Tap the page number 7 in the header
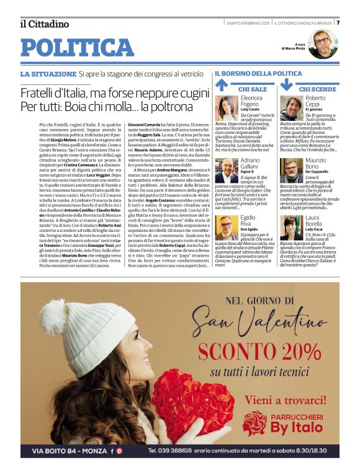(x=338, y=22)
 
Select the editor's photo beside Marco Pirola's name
(x=322, y=43)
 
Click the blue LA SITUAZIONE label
(x=48, y=74)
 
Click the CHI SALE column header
(x=253, y=89)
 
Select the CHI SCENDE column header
(x=317, y=89)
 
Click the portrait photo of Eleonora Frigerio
(x=227, y=107)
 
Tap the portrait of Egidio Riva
(x=227, y=228)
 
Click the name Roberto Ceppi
(x=315, y=102)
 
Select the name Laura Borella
(x=315, y=221)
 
